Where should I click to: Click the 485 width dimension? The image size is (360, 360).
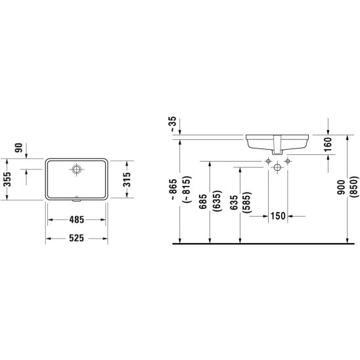(x=77, y=219)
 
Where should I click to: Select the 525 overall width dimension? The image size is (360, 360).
(x=77, y=238)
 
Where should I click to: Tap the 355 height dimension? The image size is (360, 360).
(x=7, y=179)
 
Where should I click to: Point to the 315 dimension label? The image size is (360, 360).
(x=126, y=179)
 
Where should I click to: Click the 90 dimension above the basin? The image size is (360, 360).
(x=19, y=148)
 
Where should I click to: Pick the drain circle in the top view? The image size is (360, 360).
(x=76, y=169)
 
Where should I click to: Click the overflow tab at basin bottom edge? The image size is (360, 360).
(x=76, y=200)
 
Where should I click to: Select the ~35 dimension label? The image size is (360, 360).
(x=173, y=124)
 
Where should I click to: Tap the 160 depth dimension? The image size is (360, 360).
(x=328, y=144)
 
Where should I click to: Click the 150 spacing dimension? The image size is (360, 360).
(x=278, y=216)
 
